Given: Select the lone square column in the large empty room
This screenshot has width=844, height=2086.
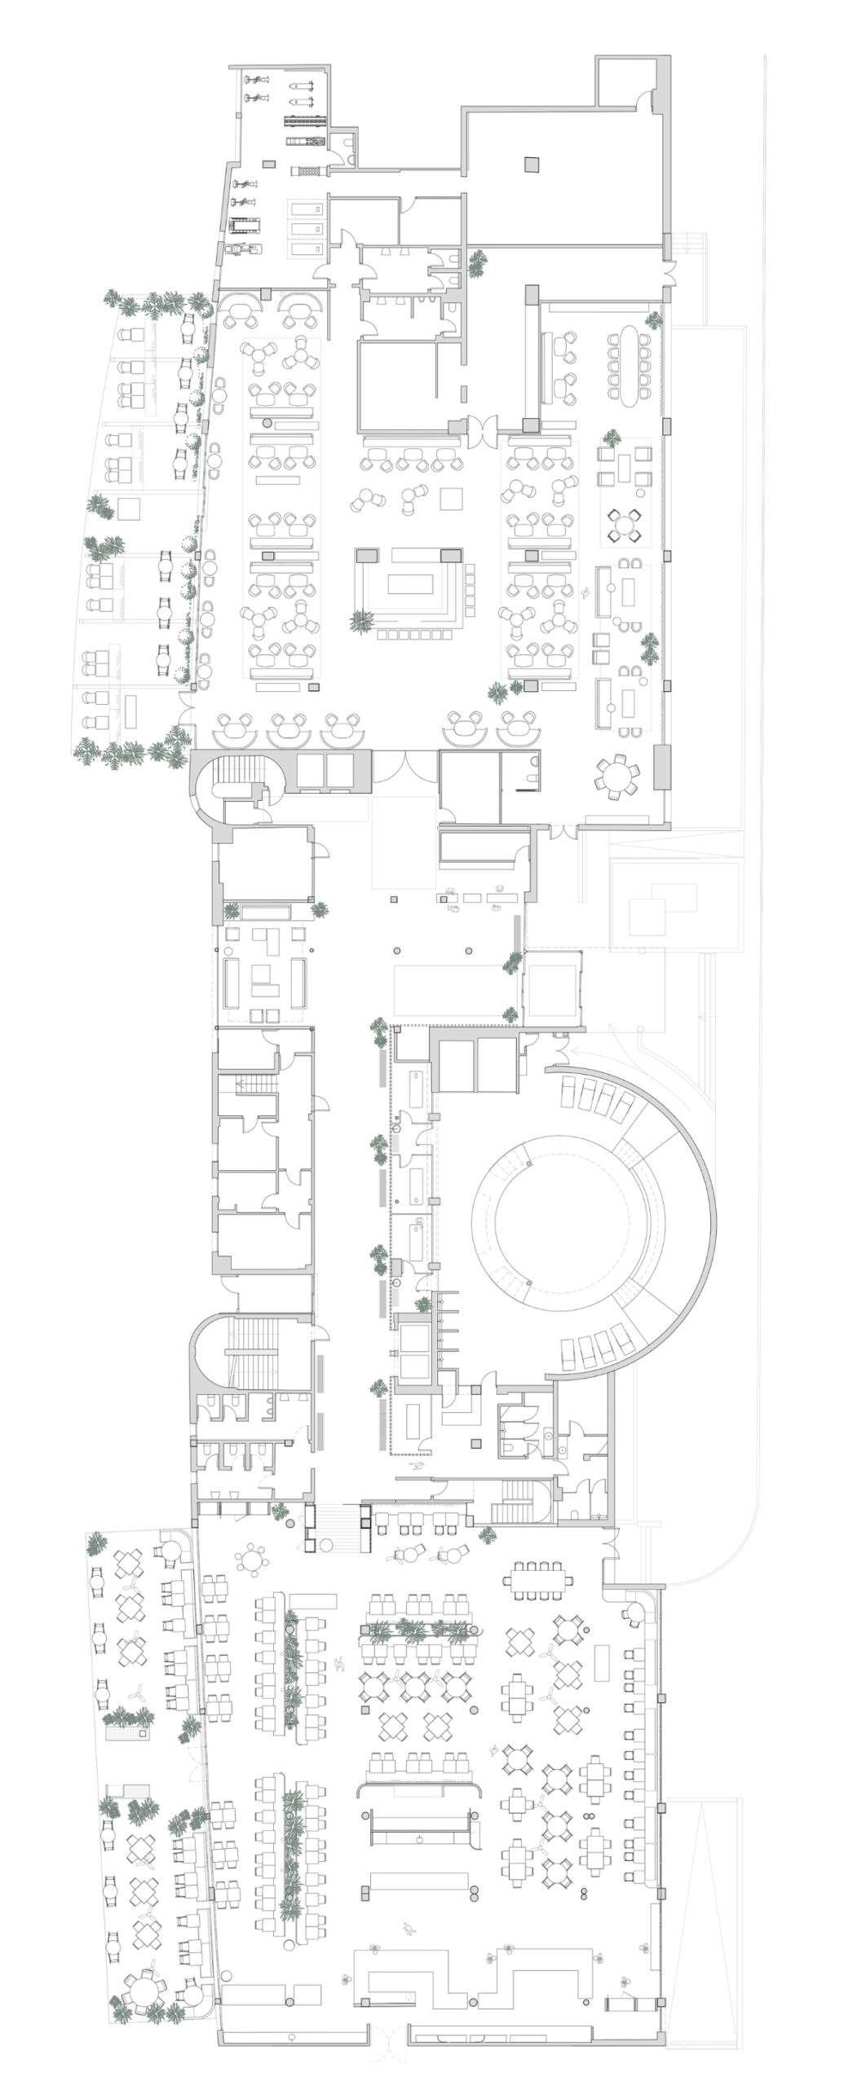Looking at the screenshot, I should tap(532, 164).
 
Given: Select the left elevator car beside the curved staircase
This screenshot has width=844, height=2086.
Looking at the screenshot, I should tap(310, 769).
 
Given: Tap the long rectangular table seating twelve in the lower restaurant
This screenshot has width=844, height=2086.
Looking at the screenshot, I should tap(541, 1578).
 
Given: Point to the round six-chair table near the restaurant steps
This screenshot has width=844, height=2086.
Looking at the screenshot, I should tap(251, 1560).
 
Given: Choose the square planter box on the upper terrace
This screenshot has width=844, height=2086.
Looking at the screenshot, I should tap(130, 508).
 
